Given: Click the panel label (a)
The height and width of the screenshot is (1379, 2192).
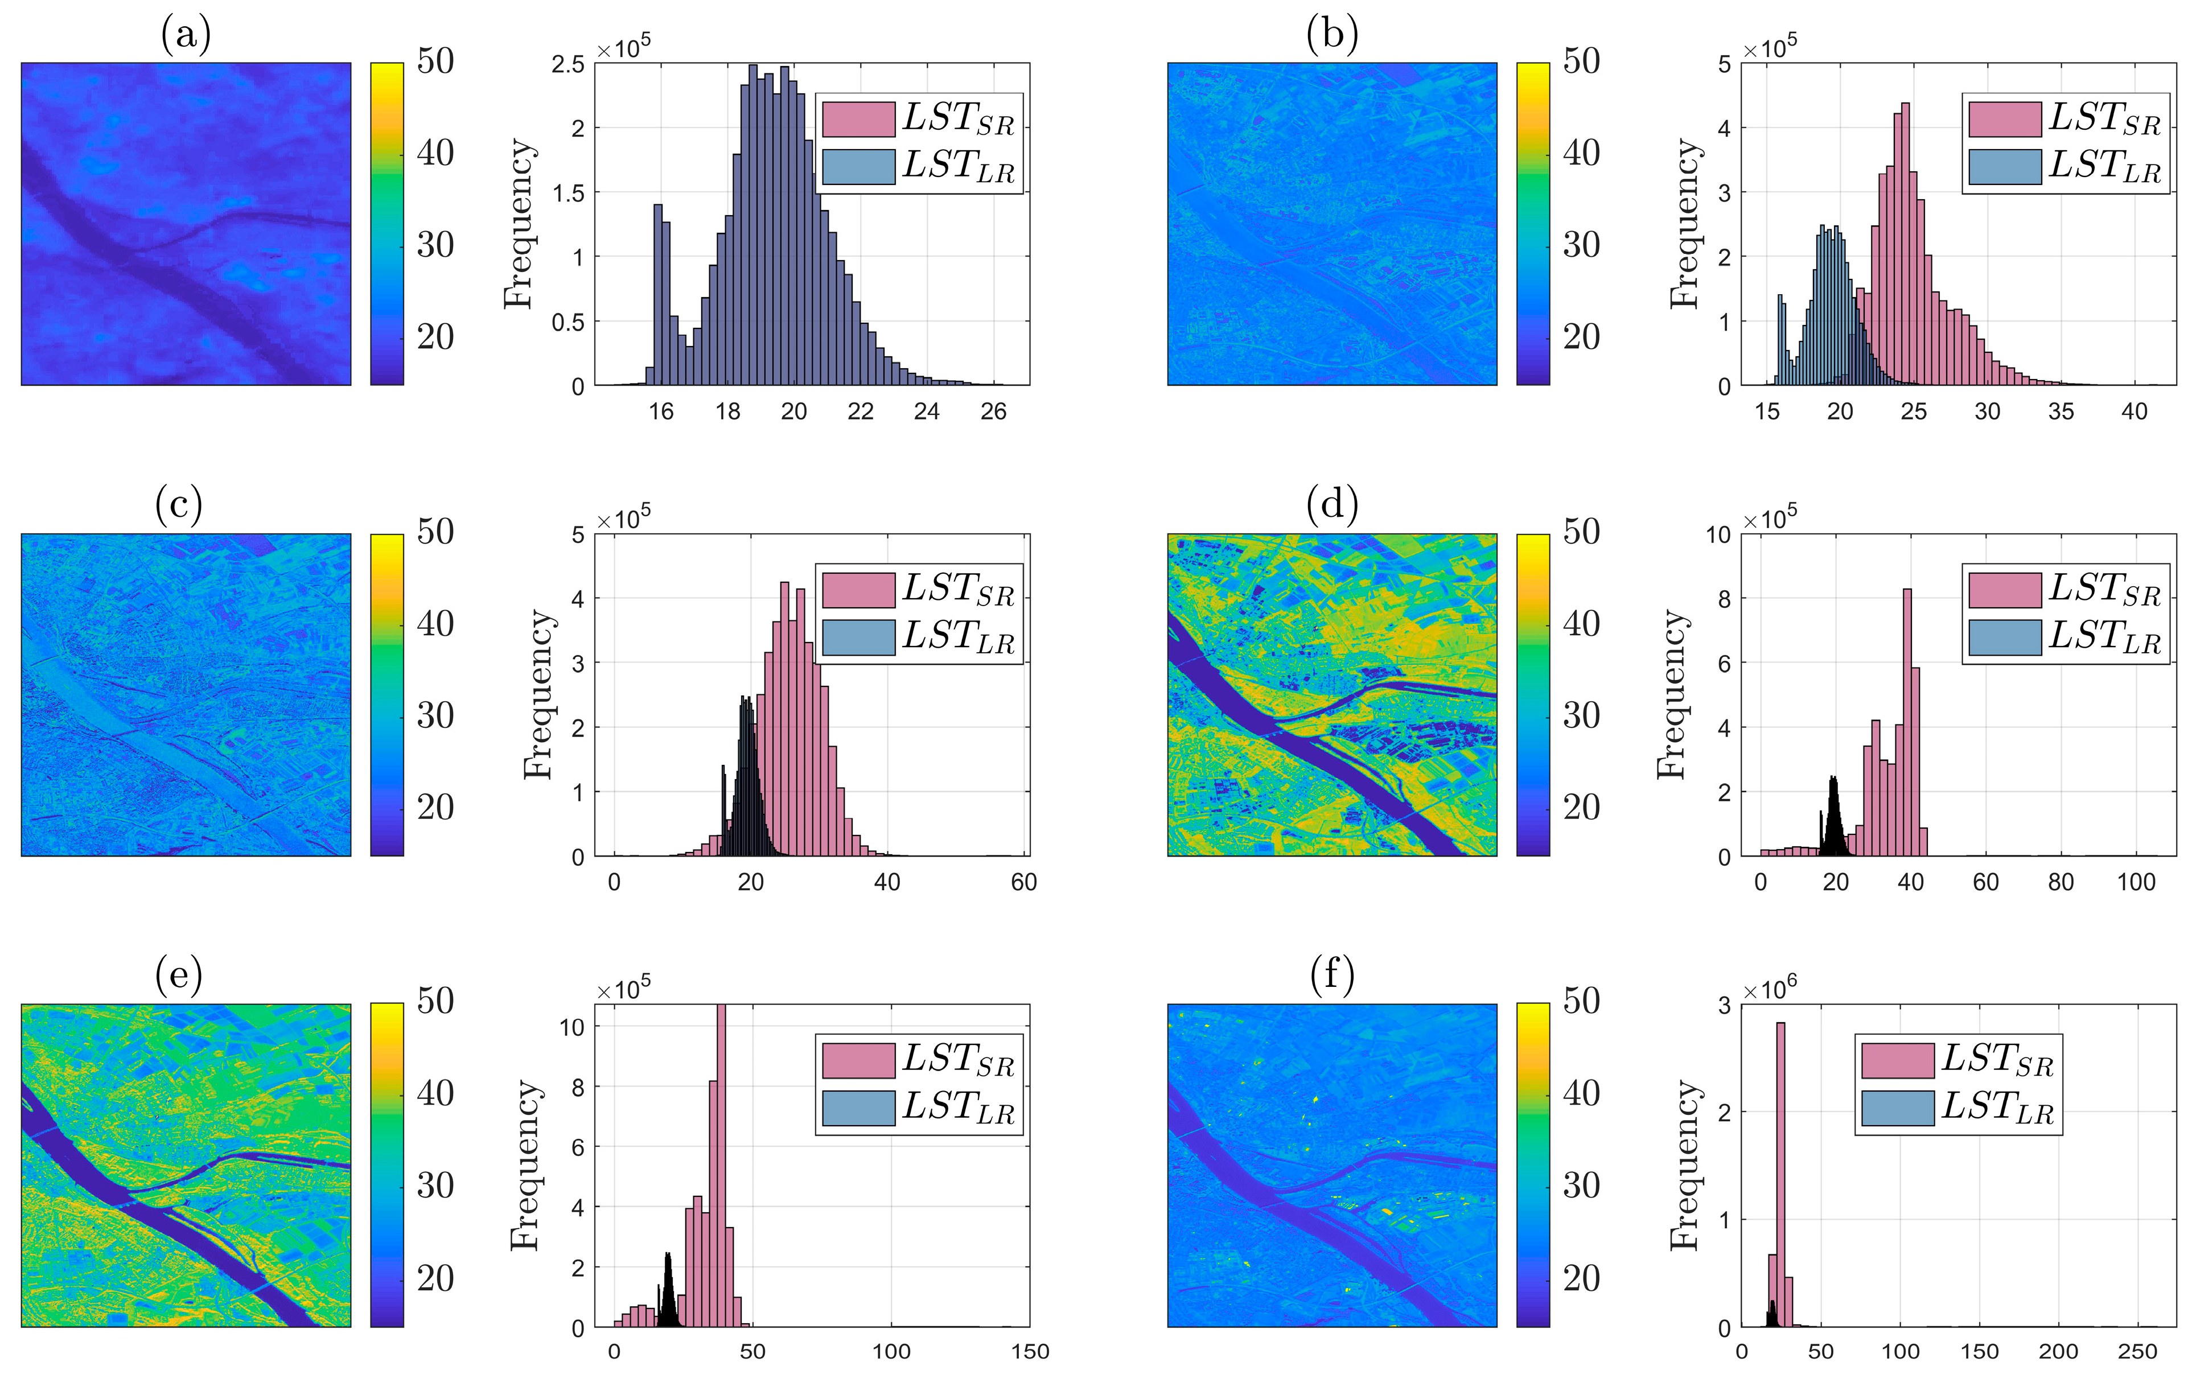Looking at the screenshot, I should click(186, 35).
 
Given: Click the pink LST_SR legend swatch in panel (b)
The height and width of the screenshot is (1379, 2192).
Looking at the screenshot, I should click(2005, 120).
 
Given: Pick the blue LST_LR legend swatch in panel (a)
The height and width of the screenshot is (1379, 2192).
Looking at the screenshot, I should click(858, 167).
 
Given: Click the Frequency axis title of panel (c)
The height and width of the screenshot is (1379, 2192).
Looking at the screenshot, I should click(538, 694).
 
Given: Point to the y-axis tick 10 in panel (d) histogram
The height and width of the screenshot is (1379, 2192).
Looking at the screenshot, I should click(1718, 535).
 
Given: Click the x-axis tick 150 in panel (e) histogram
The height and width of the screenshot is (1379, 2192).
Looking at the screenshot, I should click(1030, 1352).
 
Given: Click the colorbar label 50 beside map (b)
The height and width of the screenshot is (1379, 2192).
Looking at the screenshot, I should click(1581, 61).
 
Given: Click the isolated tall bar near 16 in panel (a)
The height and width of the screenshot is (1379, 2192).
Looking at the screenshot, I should click(657, 291).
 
